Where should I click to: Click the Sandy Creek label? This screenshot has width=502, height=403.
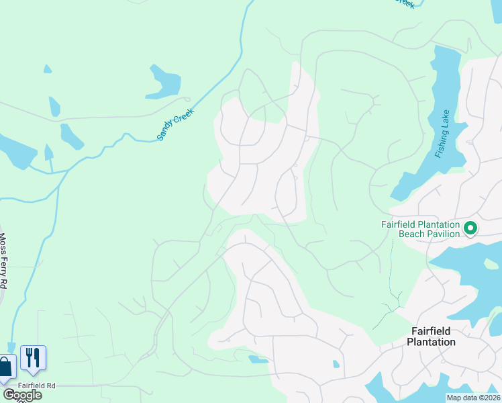pyautogui.click(x=175, y=124)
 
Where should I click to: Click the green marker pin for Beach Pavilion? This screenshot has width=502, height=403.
pyautogui.click(x=470, y=228)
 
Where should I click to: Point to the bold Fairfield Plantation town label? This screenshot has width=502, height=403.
pyautogui.click(x=432, y=337)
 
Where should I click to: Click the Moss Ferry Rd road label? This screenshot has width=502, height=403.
pyautogui.click(x=3, y=261)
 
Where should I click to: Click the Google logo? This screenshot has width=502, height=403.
pyautogui.click(x=21, y=395)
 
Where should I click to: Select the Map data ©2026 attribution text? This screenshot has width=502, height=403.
pyautogui.click(x=472, y=398)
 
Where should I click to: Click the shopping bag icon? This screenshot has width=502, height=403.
pyautogui.click(x=5, y=367)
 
